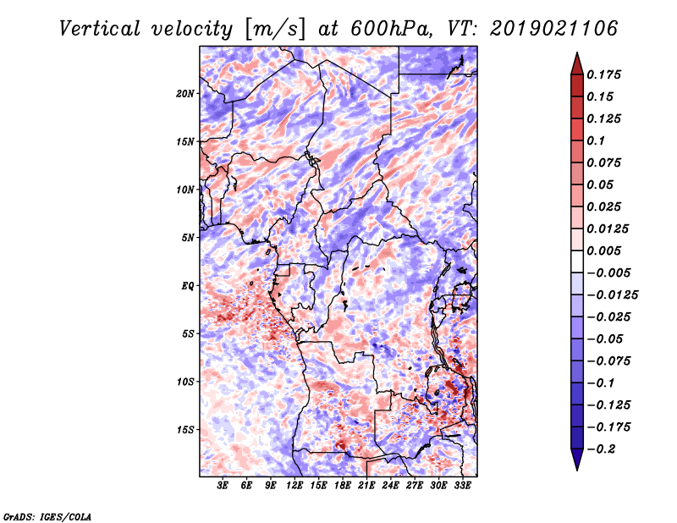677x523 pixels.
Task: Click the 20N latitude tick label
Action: pos(185,93)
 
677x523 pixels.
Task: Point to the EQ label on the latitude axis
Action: pos(188,285)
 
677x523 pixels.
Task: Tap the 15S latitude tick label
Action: pos(185,429)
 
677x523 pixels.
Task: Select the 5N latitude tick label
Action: pos(188,238)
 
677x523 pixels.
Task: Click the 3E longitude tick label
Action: pos(223,486)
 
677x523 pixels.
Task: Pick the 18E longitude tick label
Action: pos(342,486)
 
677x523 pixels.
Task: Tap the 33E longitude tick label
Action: pos(462,486)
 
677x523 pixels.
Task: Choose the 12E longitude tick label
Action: pos(294,486)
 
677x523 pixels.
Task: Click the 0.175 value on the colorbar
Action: pos(605,74)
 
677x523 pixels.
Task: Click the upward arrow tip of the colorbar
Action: pos(575,55)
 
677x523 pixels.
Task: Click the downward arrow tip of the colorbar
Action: pos(575,468)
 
